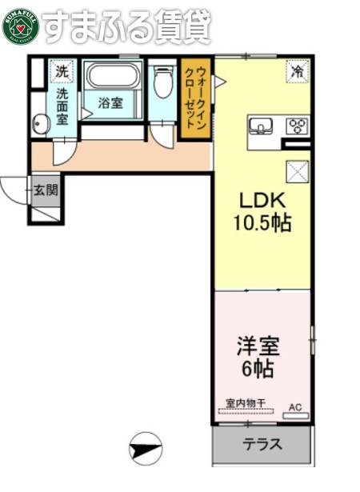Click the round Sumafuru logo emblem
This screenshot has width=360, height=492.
[x=21, y=26]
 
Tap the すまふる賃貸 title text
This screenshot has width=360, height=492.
[x=126, y=26]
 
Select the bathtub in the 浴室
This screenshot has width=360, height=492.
[x=113, y=77]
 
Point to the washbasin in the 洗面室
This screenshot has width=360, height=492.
[x=41, y=123]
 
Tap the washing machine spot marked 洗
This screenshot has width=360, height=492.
[x=61, y=71]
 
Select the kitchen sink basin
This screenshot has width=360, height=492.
[x=261, y=126]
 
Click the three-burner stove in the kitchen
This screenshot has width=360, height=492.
[x=297, y=126]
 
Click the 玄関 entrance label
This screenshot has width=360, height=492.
[x=46, y=190]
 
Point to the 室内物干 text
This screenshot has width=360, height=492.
[x=244, y=403]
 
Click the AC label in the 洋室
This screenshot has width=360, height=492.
[x=294, y=406]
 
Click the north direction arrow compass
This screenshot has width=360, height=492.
[x=145, y=446]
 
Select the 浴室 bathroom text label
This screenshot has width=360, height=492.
[x=110, y=103]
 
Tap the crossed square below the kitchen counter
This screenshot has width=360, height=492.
[x=297, y=171]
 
